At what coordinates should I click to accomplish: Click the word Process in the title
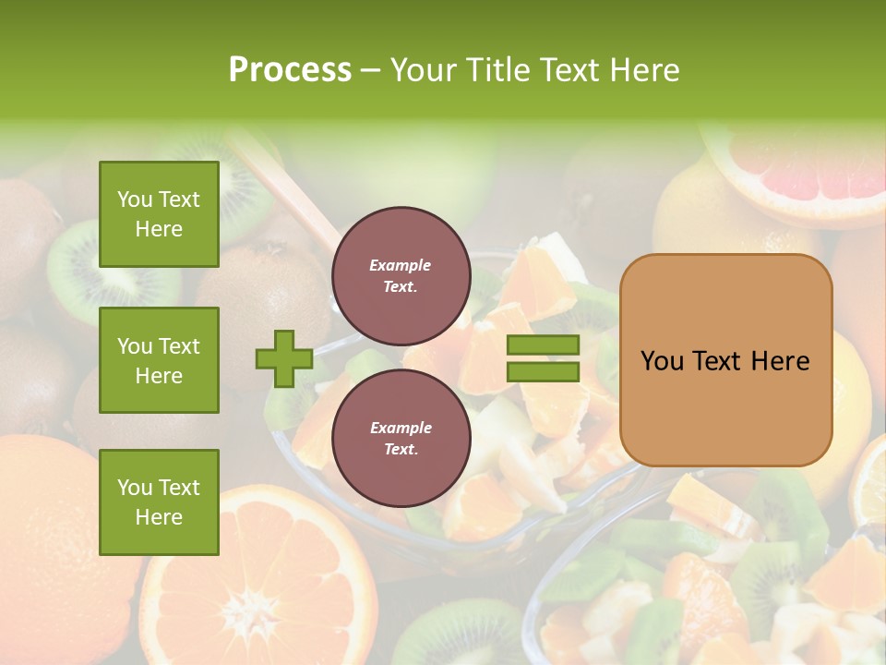click(290, 69)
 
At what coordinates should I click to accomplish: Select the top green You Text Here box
click(159, 214)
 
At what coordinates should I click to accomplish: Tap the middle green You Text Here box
click(159, 360)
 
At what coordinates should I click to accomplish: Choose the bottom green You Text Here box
click(159, 502)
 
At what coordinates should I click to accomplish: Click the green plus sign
click(284, 358)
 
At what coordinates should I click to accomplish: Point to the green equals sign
click(543, 358)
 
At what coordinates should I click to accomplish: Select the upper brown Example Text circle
click(401, 275)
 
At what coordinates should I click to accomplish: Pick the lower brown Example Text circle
click(401, 438)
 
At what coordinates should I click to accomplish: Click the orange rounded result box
click(725, 360)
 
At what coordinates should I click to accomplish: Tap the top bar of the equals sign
click(543, 345)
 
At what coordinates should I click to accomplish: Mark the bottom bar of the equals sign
click(543, 371)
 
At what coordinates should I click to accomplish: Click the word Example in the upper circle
click(401, 265)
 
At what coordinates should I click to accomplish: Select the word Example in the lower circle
click(401, 428)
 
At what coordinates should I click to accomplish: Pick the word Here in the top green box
click(159, 229)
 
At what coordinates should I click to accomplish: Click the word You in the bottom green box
click(135, 488)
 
